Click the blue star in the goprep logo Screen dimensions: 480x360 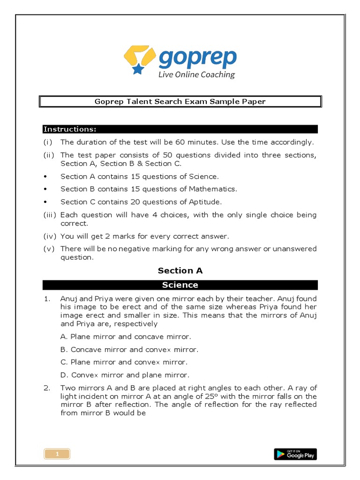(x=138, y=69)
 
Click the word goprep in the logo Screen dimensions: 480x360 (x=197, y=58)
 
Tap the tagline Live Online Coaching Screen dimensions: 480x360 (x=196, y=75)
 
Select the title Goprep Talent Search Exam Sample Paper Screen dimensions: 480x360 (x=180, y=102)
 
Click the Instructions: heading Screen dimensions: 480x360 (x=70, y=129)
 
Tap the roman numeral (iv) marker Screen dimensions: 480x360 (x=50, y=236)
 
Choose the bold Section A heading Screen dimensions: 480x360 (x=180, y=270)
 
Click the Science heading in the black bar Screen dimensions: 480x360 (x=180, y=285)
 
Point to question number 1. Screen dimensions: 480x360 (x=47, y=299)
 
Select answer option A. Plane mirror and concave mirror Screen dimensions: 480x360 (x=126, y=337)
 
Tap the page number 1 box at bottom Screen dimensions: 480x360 (x=57, y=454)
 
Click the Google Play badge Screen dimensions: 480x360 (x=295, y=454)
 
